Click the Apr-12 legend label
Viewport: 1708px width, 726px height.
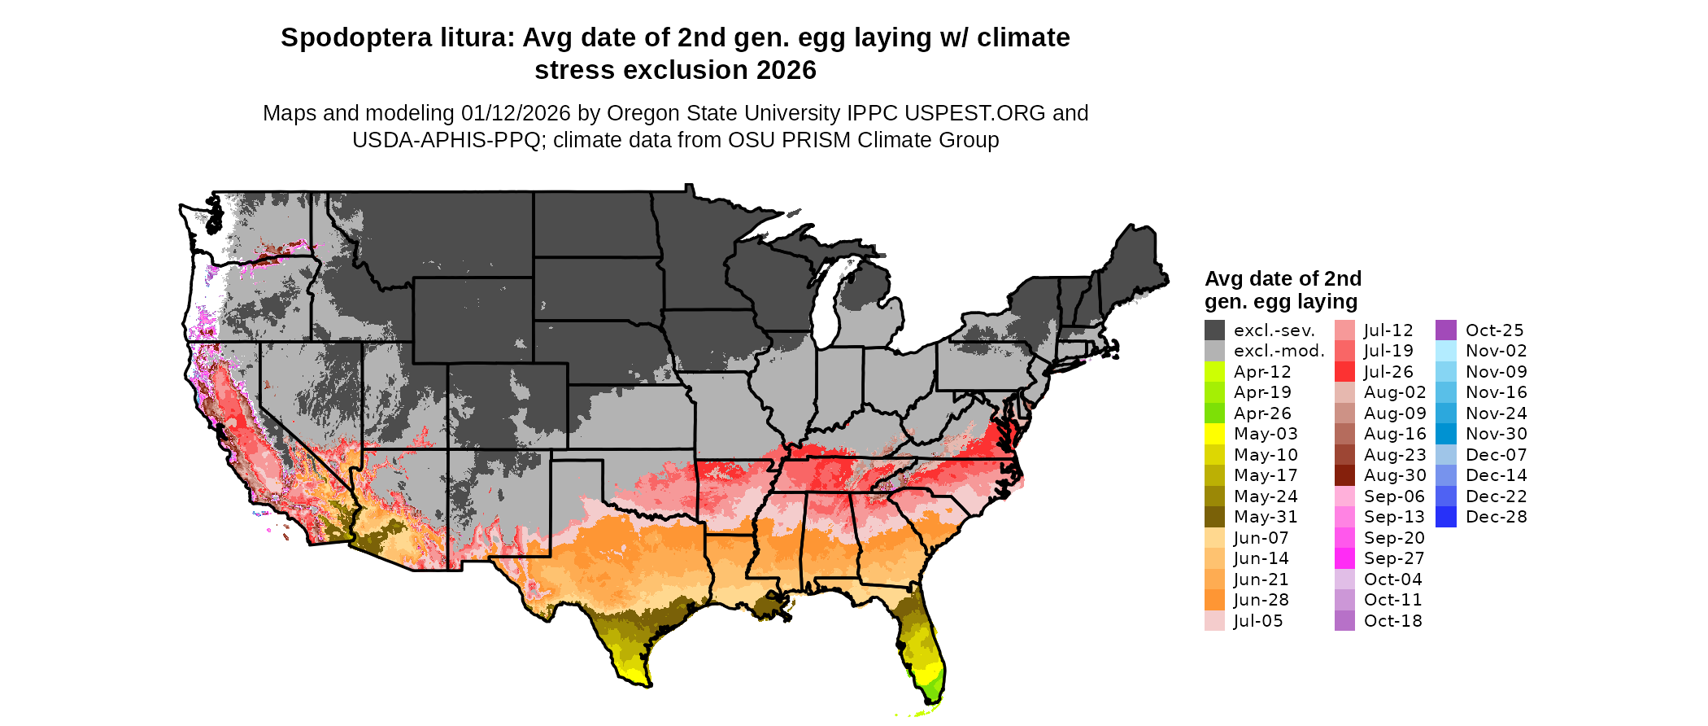[x=1262, y=372]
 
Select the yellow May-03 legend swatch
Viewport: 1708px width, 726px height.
[x=1214, y=434]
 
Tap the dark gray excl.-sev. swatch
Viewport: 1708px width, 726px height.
[x=1214, y=330]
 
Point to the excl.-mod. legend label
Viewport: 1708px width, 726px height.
[x=1279, y=351]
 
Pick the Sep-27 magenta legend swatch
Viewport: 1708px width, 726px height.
[x=1344, y=558]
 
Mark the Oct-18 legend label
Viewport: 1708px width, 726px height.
[x=1392, y=621]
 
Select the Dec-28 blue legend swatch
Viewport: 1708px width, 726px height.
[x=1446, y=517]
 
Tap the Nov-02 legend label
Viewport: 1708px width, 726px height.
[x=1496, y=351]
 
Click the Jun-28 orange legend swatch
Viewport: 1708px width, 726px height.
[x=1214, y=600]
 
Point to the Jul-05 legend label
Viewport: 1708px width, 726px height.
[x=1257, y=621]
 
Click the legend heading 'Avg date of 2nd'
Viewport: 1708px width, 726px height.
[x=1283, y=278]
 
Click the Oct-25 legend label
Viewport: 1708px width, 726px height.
[x=1494, y=330]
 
